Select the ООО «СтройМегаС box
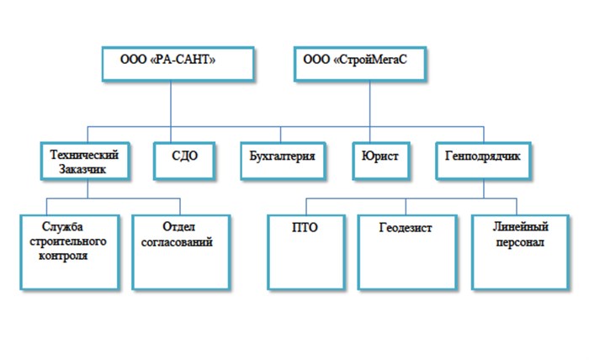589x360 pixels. pyautogui.click(x=357, y=63)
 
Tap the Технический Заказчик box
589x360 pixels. pyautogui.click(x=85, y=161)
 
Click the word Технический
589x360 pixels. pyautogui.click(x=85, y=154)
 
